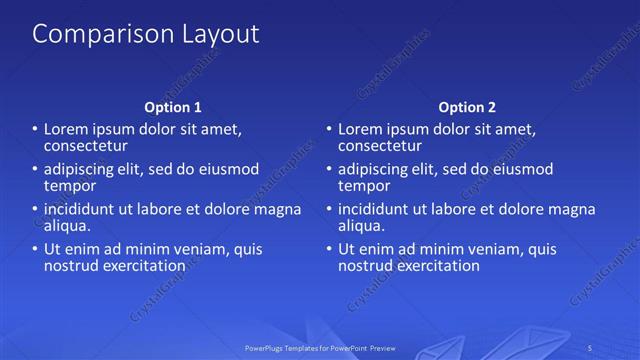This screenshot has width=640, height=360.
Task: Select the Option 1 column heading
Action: (x=173, y=107)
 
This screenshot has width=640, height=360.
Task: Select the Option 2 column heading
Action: (x=467, y=107)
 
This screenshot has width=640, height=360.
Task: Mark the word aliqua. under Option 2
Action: (x=361, y=226)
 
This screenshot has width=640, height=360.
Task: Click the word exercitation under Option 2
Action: (x=435, y=266)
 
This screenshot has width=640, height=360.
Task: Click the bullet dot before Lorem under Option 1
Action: (x=34, y=129)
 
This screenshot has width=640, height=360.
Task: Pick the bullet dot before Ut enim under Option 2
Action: (x=328, y=250)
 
